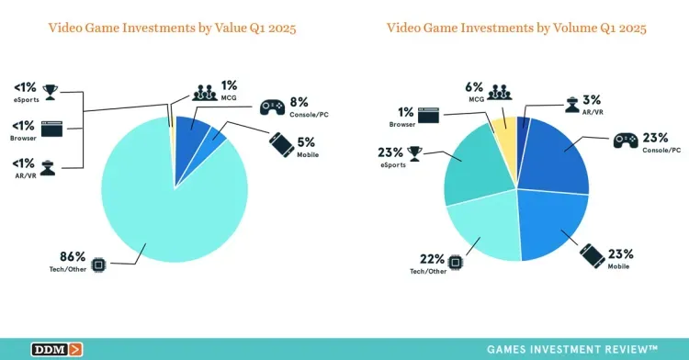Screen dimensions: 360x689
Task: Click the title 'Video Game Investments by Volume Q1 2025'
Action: click(x=516, y=28)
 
